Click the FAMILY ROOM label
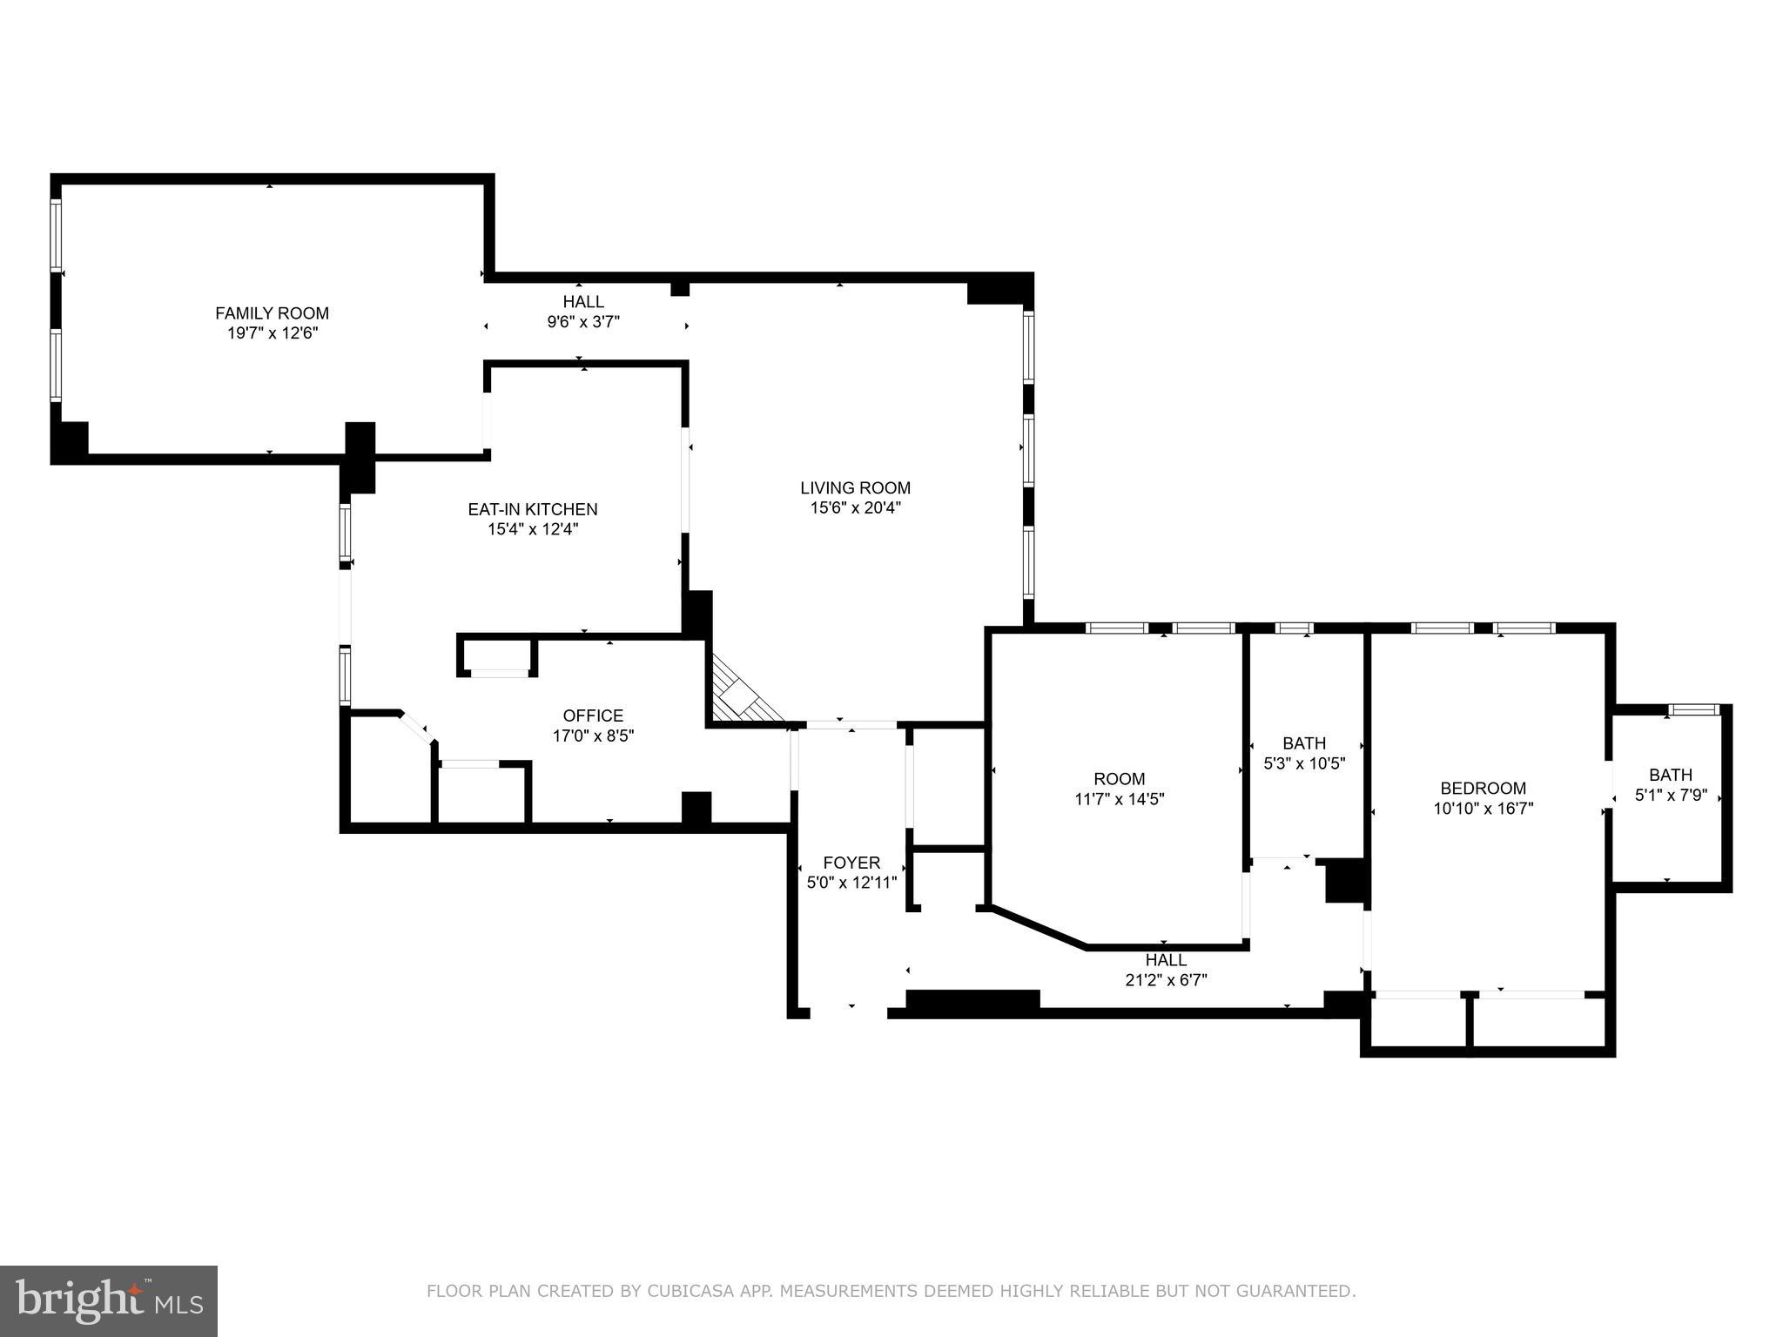272,313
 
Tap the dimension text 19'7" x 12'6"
272,333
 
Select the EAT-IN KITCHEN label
532,509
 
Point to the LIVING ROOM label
855,488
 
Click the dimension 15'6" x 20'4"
855,508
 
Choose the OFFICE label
593,716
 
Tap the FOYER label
851,863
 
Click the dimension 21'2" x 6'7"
1165,980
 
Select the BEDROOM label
1483,789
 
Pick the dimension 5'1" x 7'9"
1670,795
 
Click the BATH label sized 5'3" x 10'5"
1303,743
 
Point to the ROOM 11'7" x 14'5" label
1119,779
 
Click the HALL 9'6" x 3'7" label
582,302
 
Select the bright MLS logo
108,1300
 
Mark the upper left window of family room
56,234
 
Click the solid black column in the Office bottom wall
696,807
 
